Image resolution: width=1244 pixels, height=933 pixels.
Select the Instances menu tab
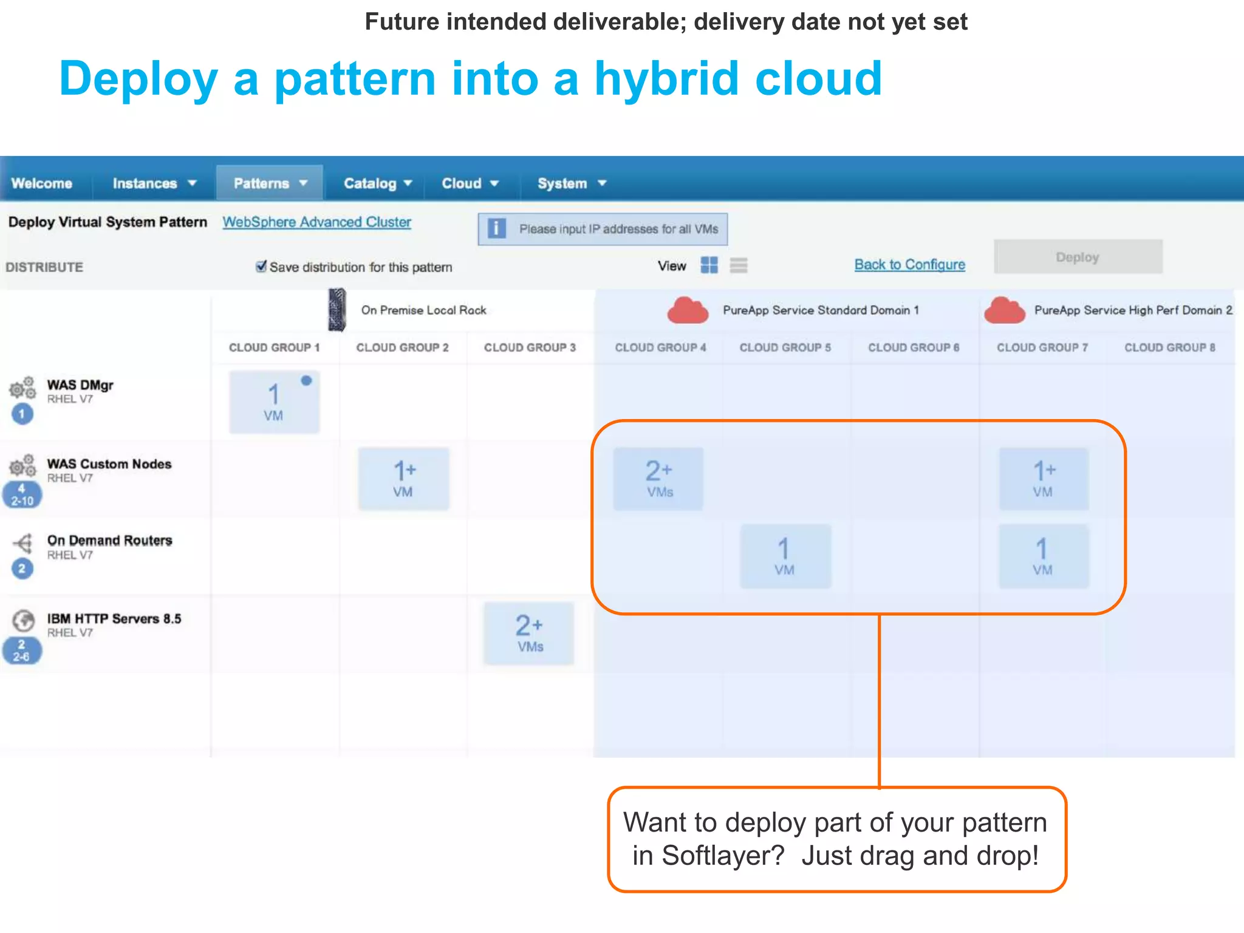point(154,183)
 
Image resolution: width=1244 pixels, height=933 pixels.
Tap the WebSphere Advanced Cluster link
point(316,222)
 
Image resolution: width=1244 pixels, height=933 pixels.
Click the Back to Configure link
point(909,265)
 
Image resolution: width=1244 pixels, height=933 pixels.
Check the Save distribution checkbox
point(261,267)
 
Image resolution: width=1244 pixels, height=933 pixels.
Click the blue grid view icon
point(709,265)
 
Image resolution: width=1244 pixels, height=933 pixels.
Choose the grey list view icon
point(739,265)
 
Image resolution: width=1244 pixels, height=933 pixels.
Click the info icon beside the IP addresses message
point(496,229)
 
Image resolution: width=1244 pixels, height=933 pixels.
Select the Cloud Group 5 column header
point(785,347)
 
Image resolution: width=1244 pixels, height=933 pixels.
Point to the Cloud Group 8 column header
point(1169,347)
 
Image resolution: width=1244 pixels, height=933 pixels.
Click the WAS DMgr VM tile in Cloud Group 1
point(274,402)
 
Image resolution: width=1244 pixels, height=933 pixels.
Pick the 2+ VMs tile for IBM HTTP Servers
point(528,634)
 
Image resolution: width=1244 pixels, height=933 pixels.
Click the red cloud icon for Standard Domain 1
point(688,310)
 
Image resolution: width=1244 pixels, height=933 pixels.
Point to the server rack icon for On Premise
point(337,310)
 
